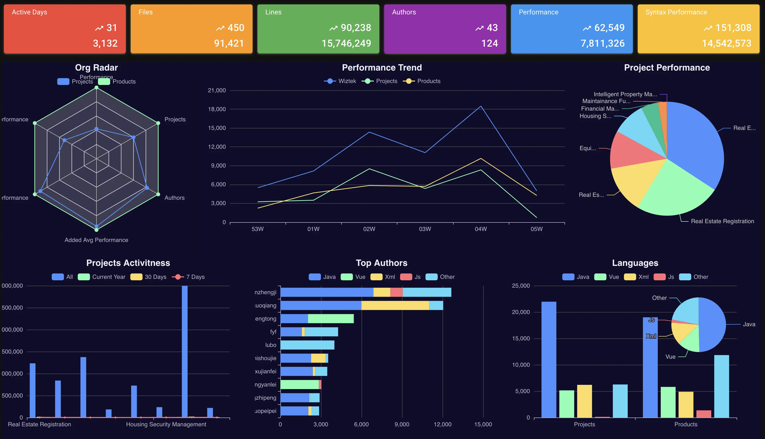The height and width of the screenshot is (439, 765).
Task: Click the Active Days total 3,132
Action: pyautogui.click(x=105, y=43)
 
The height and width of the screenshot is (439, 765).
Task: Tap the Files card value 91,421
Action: pyautogui.click(x=229, y=43)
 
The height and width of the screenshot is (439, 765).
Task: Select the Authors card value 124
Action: pyautogui.click(x=489, y=43)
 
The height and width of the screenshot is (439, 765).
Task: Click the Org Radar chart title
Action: pyautogui.click(x=96, y=68)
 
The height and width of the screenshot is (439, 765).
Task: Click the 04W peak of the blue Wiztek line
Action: pyautogui.click(x=481, y=106)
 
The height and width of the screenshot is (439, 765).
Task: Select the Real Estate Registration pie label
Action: pyautogui.click(x=722, y=221)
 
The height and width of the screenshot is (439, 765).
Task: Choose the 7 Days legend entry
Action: pyautogui.click(x=189, y=277)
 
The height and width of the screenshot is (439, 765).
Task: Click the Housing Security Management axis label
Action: pyautogui.click(x=166, y=424)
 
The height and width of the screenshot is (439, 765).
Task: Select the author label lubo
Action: pyautogui.click(x=270, y=345)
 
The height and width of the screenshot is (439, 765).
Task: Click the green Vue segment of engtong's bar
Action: pyautogui.click(x=330, y=319)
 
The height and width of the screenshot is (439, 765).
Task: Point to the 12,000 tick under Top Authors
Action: pyautogui.click(x=442, y=424)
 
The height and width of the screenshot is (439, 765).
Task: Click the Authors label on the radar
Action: pyautogui.click(x=174, y=198)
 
